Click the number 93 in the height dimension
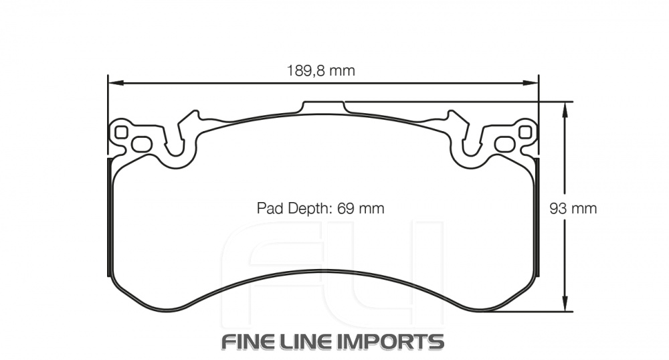tap(558, 208)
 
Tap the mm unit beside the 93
tap(583, 208)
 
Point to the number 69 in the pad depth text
tap(345, 208)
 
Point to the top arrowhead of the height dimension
tap(566, 108)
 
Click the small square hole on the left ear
tap(120, 132)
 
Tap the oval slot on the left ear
tap(141, 143)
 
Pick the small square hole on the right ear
tap(526, 132)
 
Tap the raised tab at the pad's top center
tap(324, 107)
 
